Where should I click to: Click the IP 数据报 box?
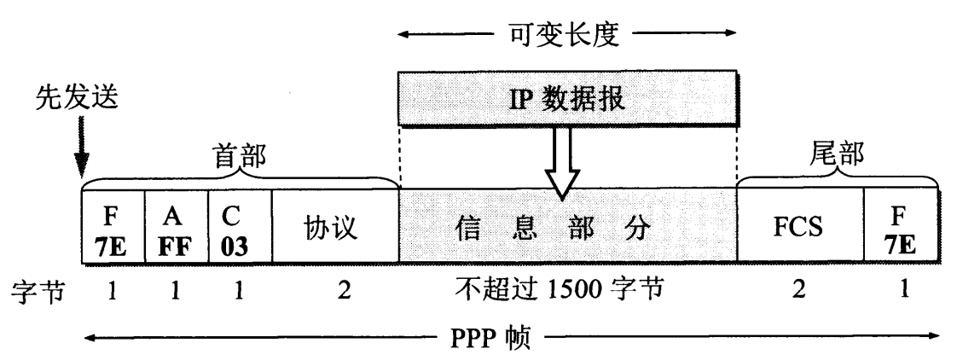point(566,99)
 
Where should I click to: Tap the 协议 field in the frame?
point(334,229)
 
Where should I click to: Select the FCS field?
point(800,229)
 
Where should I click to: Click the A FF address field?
point(177,228)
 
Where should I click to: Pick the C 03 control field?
point(240,228)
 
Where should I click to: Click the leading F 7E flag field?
point(113,228)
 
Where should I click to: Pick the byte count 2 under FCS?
point(799,288)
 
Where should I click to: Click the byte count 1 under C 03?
point(240,288)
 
